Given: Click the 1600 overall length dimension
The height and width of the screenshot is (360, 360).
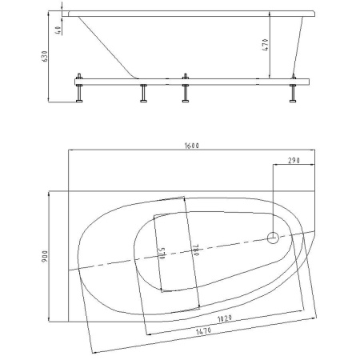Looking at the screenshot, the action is click(192, 146).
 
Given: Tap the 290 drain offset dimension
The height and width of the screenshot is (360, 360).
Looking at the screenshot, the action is click(294, 161).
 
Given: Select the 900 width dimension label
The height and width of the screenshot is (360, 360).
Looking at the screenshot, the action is click(44, 256).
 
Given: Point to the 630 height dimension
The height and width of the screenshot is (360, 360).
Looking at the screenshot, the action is click(44, 57).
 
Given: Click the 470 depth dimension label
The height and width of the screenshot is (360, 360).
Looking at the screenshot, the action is click(266, 45).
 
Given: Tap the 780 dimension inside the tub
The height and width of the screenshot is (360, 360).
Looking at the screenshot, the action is click(196, 250).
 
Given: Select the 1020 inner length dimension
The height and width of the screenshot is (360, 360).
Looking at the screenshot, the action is click(225, 318).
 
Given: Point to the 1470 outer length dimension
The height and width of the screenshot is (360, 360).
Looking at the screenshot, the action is click(203, 331).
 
